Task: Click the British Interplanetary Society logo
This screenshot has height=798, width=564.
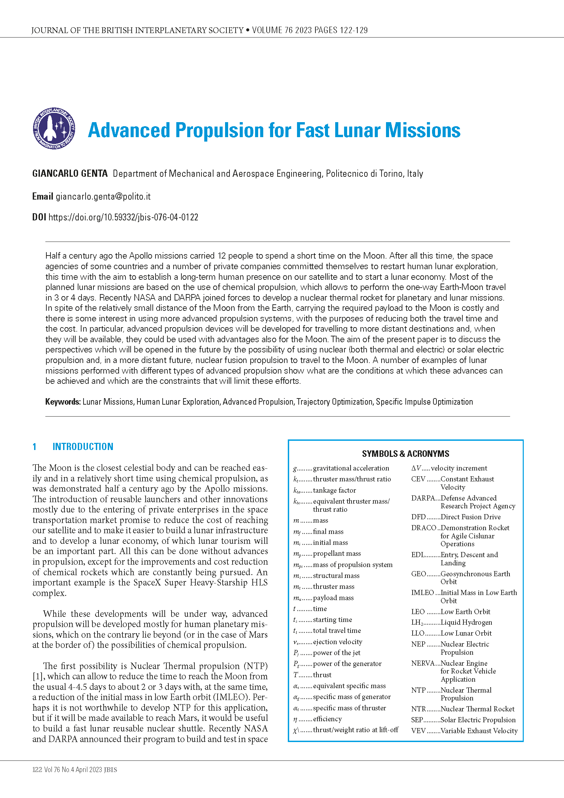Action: (54, 129)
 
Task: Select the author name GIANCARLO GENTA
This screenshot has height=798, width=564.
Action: (70, 173)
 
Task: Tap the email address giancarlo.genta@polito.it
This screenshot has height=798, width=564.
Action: (103, 197)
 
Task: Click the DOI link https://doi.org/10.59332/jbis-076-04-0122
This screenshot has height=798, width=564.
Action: (123, 217)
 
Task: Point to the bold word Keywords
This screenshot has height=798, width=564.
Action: (62, 402)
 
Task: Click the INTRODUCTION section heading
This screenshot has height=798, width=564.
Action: (83, 447)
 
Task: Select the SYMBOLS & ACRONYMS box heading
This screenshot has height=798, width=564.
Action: (405, 453)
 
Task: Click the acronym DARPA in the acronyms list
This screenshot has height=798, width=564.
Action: (422, 498)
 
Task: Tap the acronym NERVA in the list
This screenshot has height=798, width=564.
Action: (422, 663)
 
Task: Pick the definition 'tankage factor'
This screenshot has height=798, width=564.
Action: (334, 490)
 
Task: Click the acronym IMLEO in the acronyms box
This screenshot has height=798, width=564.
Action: (422, 593)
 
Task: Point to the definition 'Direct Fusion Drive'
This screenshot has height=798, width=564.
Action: (470, 517)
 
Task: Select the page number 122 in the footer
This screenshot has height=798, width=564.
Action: (37, 770)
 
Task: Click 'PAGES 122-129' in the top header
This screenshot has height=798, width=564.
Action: (341, 30)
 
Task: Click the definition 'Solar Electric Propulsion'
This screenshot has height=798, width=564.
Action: (478, 720)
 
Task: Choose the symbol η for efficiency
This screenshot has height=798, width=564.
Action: (295, 719)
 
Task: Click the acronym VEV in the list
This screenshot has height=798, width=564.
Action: (418, 730)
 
